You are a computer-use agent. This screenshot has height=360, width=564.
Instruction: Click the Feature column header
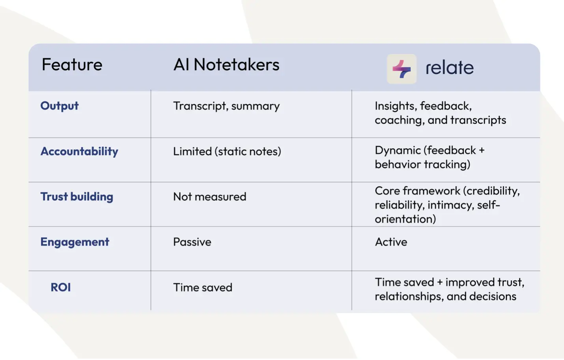point(72,64)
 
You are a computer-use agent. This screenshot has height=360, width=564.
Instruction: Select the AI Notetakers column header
point(226,64)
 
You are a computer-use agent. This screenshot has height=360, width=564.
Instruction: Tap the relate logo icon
point(402,69)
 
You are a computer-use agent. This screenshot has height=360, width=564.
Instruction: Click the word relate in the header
point(450,67)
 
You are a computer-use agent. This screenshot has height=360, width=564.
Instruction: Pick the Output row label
point(60,106)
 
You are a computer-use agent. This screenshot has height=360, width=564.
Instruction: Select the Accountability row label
point(79,151)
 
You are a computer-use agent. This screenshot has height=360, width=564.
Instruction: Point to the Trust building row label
point(77,197)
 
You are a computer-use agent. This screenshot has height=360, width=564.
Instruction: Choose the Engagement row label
point(75,242)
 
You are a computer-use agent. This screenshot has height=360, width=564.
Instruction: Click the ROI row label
point(61,287)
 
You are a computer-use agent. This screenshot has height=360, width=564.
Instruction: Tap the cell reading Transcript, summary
point(226,106)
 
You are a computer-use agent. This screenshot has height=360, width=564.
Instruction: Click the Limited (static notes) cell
point(227,151)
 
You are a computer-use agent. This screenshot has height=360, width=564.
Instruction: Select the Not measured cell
point(210,197)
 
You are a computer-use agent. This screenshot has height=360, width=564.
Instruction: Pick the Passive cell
point(192,242)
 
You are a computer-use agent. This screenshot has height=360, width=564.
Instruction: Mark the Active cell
point(391,242)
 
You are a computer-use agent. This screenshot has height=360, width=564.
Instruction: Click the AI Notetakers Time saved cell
point(203,287)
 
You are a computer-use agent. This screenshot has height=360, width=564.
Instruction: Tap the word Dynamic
point(398,151)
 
